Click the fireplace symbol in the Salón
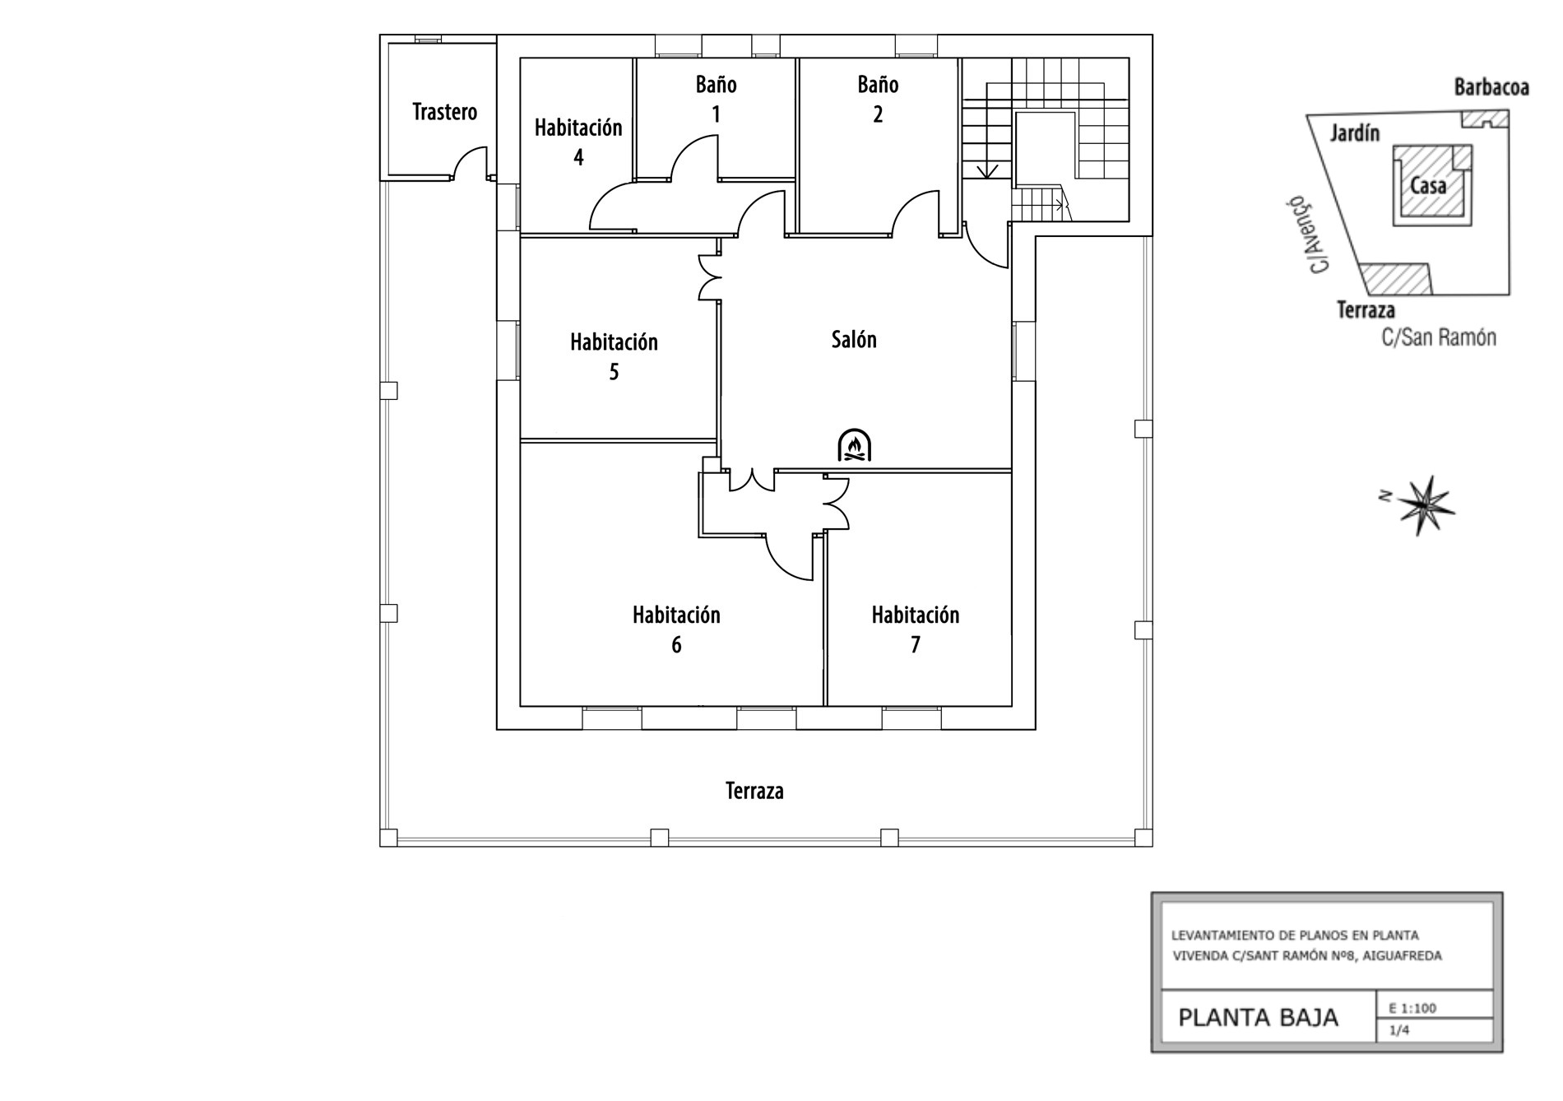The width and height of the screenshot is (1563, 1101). click(854, 445)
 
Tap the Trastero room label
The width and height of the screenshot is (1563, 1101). click(444, 112)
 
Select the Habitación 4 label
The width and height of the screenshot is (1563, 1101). click(578, 142)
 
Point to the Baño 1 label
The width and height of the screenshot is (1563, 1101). click(716, 99)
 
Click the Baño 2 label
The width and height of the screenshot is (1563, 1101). click(878, 99)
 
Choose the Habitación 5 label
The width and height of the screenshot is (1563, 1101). click(614, 356)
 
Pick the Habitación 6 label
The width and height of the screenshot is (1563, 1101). click(676, 629)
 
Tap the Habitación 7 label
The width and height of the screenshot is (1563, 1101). click(916, 629)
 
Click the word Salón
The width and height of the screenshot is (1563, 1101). click(854, 339)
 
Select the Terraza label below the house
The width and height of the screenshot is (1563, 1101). click(754, 791)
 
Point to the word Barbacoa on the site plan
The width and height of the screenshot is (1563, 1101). click(1491, 87)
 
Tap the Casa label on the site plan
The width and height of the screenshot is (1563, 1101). click(1428, 186)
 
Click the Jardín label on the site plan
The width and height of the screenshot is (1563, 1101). click(1355, 132)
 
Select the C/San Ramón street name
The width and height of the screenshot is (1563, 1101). click(1439, 337)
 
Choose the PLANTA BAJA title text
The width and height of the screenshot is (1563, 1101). click(1258, 1018)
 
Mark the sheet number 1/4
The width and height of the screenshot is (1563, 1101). click(1398, 1029)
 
